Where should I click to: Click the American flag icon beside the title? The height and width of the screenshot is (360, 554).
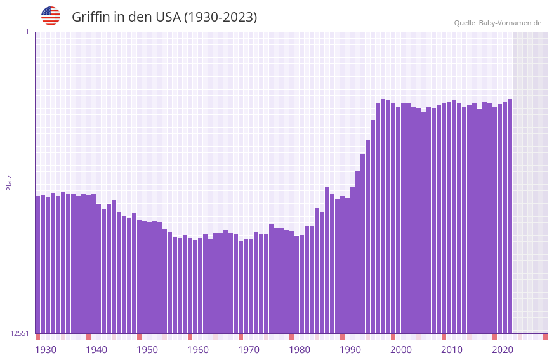click(51, 16)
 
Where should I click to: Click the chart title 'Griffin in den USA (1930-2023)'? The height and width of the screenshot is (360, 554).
click(164, 17)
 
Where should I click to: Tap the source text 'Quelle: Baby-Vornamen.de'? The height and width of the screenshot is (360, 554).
click(498, 23)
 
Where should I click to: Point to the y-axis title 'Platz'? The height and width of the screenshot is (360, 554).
click(9, 182)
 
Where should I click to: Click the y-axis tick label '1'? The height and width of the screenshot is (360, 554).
click(27, 32)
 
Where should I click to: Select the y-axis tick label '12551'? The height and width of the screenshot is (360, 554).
click(20, 333)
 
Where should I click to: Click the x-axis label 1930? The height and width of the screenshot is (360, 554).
click(46, 350)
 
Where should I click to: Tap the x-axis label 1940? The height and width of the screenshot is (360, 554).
click(96, 350)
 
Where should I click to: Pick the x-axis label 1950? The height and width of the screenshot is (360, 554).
click(147, 350)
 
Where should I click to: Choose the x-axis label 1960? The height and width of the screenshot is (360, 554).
click(198, 350)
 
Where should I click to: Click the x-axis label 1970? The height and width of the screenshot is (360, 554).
click(249, 350)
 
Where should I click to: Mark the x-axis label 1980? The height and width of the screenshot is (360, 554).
click(300, 350)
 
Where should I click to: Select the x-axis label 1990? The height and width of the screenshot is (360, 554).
click(350, 350)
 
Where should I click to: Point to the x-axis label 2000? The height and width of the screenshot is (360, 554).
click(401, 350)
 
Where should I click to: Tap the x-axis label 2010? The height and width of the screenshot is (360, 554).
click(452, 350)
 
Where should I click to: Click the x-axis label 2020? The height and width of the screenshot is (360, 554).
click(503, 350)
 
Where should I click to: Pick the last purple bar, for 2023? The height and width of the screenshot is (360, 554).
click(510, 216)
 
